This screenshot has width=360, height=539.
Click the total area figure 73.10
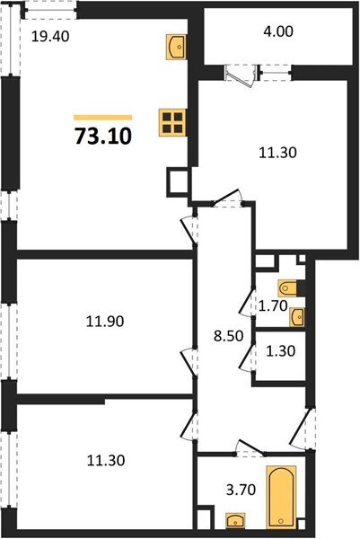tap(102, 139)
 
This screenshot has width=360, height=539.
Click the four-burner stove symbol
tap(171, 121)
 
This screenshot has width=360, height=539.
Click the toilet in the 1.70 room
tap(286, 288)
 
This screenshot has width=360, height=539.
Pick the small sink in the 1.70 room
tap(298, 316)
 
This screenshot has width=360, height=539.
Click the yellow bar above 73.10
tap(102, 118)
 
